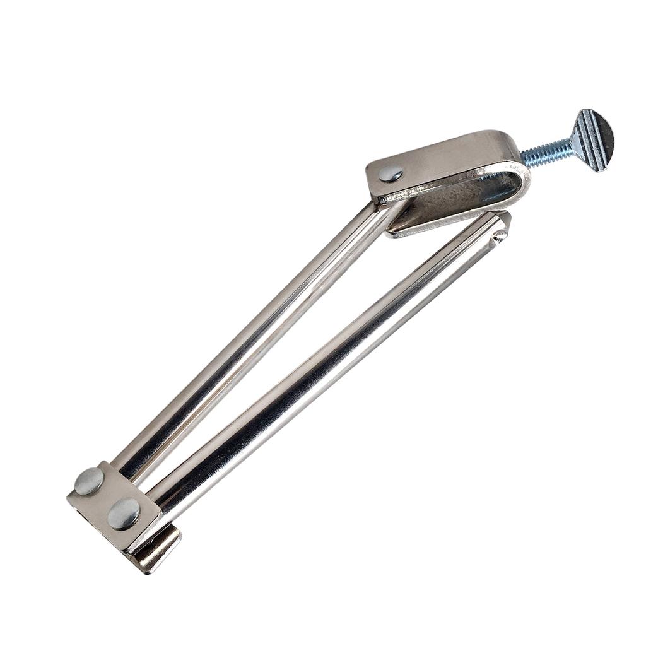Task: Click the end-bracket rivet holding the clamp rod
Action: click(90, 481)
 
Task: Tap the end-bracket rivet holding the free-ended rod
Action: click(124, 513)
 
